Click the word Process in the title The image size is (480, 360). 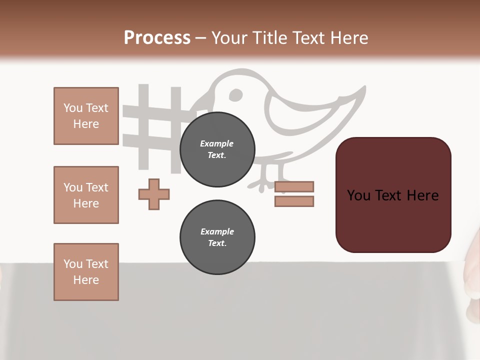tap(157, 38)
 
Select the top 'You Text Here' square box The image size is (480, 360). tap(86, 116)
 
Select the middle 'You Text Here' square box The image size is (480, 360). tap(86, 195)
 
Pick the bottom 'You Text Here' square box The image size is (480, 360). tap(86, 272)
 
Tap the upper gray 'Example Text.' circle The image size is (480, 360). tap(217, 149)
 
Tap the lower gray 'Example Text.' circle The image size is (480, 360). tap(217, 237)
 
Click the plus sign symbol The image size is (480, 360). tap(154, 194)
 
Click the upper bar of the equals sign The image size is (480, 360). tap(294, 186)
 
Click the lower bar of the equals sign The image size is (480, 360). tap(294, 201)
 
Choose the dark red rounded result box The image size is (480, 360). tap(393, 195)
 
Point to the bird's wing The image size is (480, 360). tap(300, 110)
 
